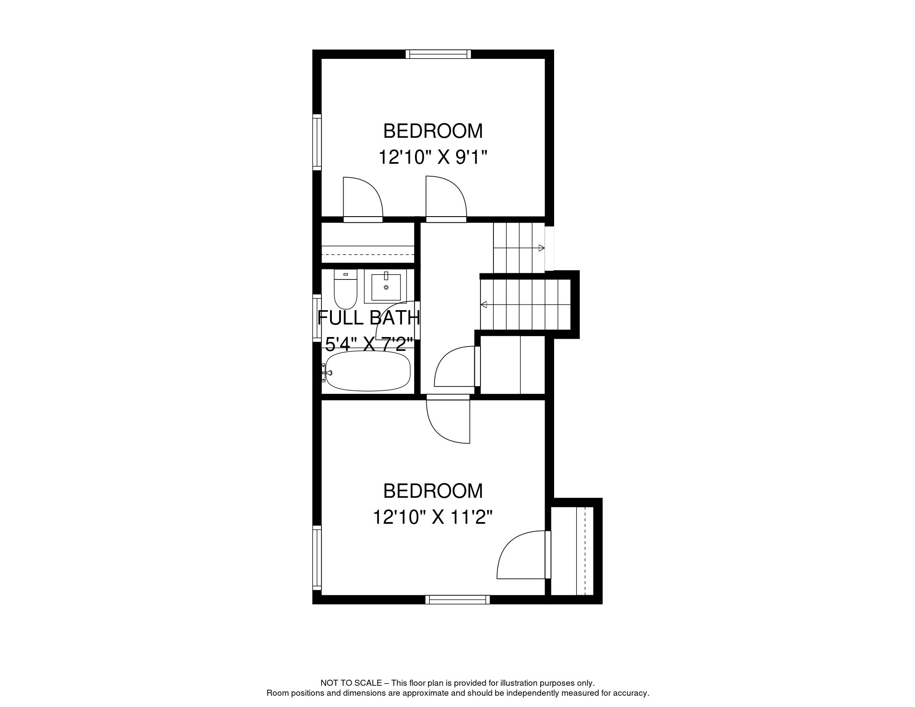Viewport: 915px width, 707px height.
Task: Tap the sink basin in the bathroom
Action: tap(386, 287)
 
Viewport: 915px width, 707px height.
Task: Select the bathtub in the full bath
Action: tap(368, 371)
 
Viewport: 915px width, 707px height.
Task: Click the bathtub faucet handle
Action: tap(329, 373)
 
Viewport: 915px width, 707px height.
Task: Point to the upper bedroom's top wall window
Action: tap(438, 54)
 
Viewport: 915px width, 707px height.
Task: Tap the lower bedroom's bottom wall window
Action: tap(457, 600)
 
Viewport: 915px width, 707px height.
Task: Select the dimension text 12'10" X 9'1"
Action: tap(433, 157)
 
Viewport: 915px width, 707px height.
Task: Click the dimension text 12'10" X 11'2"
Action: tap(433, 517)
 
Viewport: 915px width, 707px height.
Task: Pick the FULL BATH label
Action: tap(369, 318)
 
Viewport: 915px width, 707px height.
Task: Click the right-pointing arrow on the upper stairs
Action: tap(541, 248)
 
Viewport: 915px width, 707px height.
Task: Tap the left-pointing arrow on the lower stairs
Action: tap(484, 305)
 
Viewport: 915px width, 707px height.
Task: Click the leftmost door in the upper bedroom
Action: tap(363, 199)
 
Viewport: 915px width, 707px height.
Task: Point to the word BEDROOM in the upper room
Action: tap(433, 131)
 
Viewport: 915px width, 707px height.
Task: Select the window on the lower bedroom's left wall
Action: tap(317, 558)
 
